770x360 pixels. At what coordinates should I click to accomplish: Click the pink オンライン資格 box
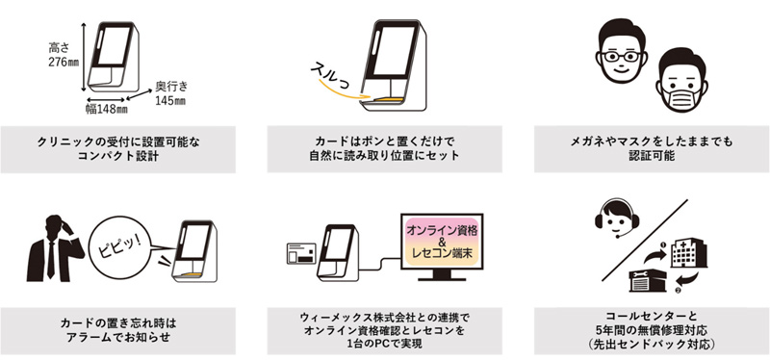pyautogui.click(x=444, y=231)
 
